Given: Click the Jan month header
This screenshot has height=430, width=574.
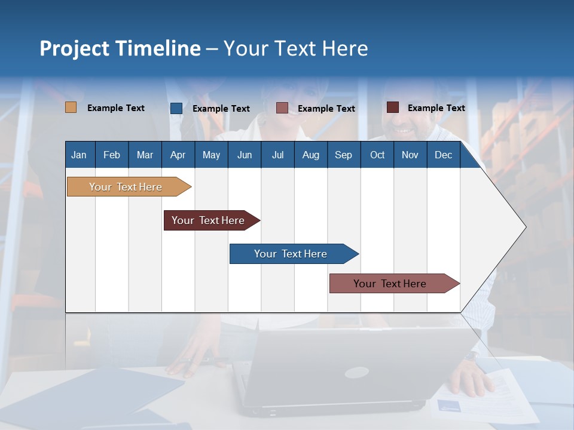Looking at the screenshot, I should (79, 155).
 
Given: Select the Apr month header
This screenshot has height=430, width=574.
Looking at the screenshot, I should (178, 155).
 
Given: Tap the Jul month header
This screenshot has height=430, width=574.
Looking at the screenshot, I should (277, 155).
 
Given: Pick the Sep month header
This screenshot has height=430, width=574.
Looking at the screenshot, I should (343, 155).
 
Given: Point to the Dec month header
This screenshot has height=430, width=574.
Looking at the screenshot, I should (443, 155).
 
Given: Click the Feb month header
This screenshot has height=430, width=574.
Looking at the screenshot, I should (112, 155).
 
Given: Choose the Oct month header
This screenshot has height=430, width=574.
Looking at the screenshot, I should (377, 155).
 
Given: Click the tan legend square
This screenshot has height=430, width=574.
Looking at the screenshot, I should (71, 107).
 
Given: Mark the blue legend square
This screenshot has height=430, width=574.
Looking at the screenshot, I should (176, 108).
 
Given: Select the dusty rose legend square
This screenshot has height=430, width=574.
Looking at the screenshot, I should (282, 108).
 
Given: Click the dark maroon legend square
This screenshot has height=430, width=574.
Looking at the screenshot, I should (393, 107).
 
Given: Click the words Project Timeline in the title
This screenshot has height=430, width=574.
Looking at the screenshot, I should (120, 48).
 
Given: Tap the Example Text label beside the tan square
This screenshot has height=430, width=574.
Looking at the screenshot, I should (116, 108).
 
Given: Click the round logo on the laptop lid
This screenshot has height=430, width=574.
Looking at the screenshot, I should (356, 373).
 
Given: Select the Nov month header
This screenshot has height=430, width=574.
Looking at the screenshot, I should (410, 155).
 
